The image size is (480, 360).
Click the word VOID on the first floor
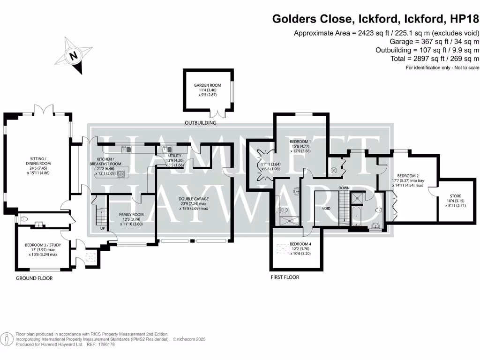327,208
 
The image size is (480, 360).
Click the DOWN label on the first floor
345,188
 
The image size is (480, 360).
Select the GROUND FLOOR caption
34,278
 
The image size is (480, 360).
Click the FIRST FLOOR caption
285,277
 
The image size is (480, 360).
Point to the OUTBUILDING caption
201,123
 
